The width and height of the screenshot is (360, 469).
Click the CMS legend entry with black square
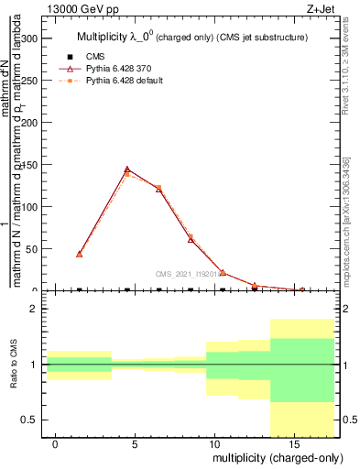point(108,57)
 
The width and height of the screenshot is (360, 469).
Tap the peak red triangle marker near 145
point(126,169)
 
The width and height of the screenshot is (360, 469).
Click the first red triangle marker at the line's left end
point(80,254)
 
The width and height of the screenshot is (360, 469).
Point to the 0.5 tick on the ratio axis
point(31,420)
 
